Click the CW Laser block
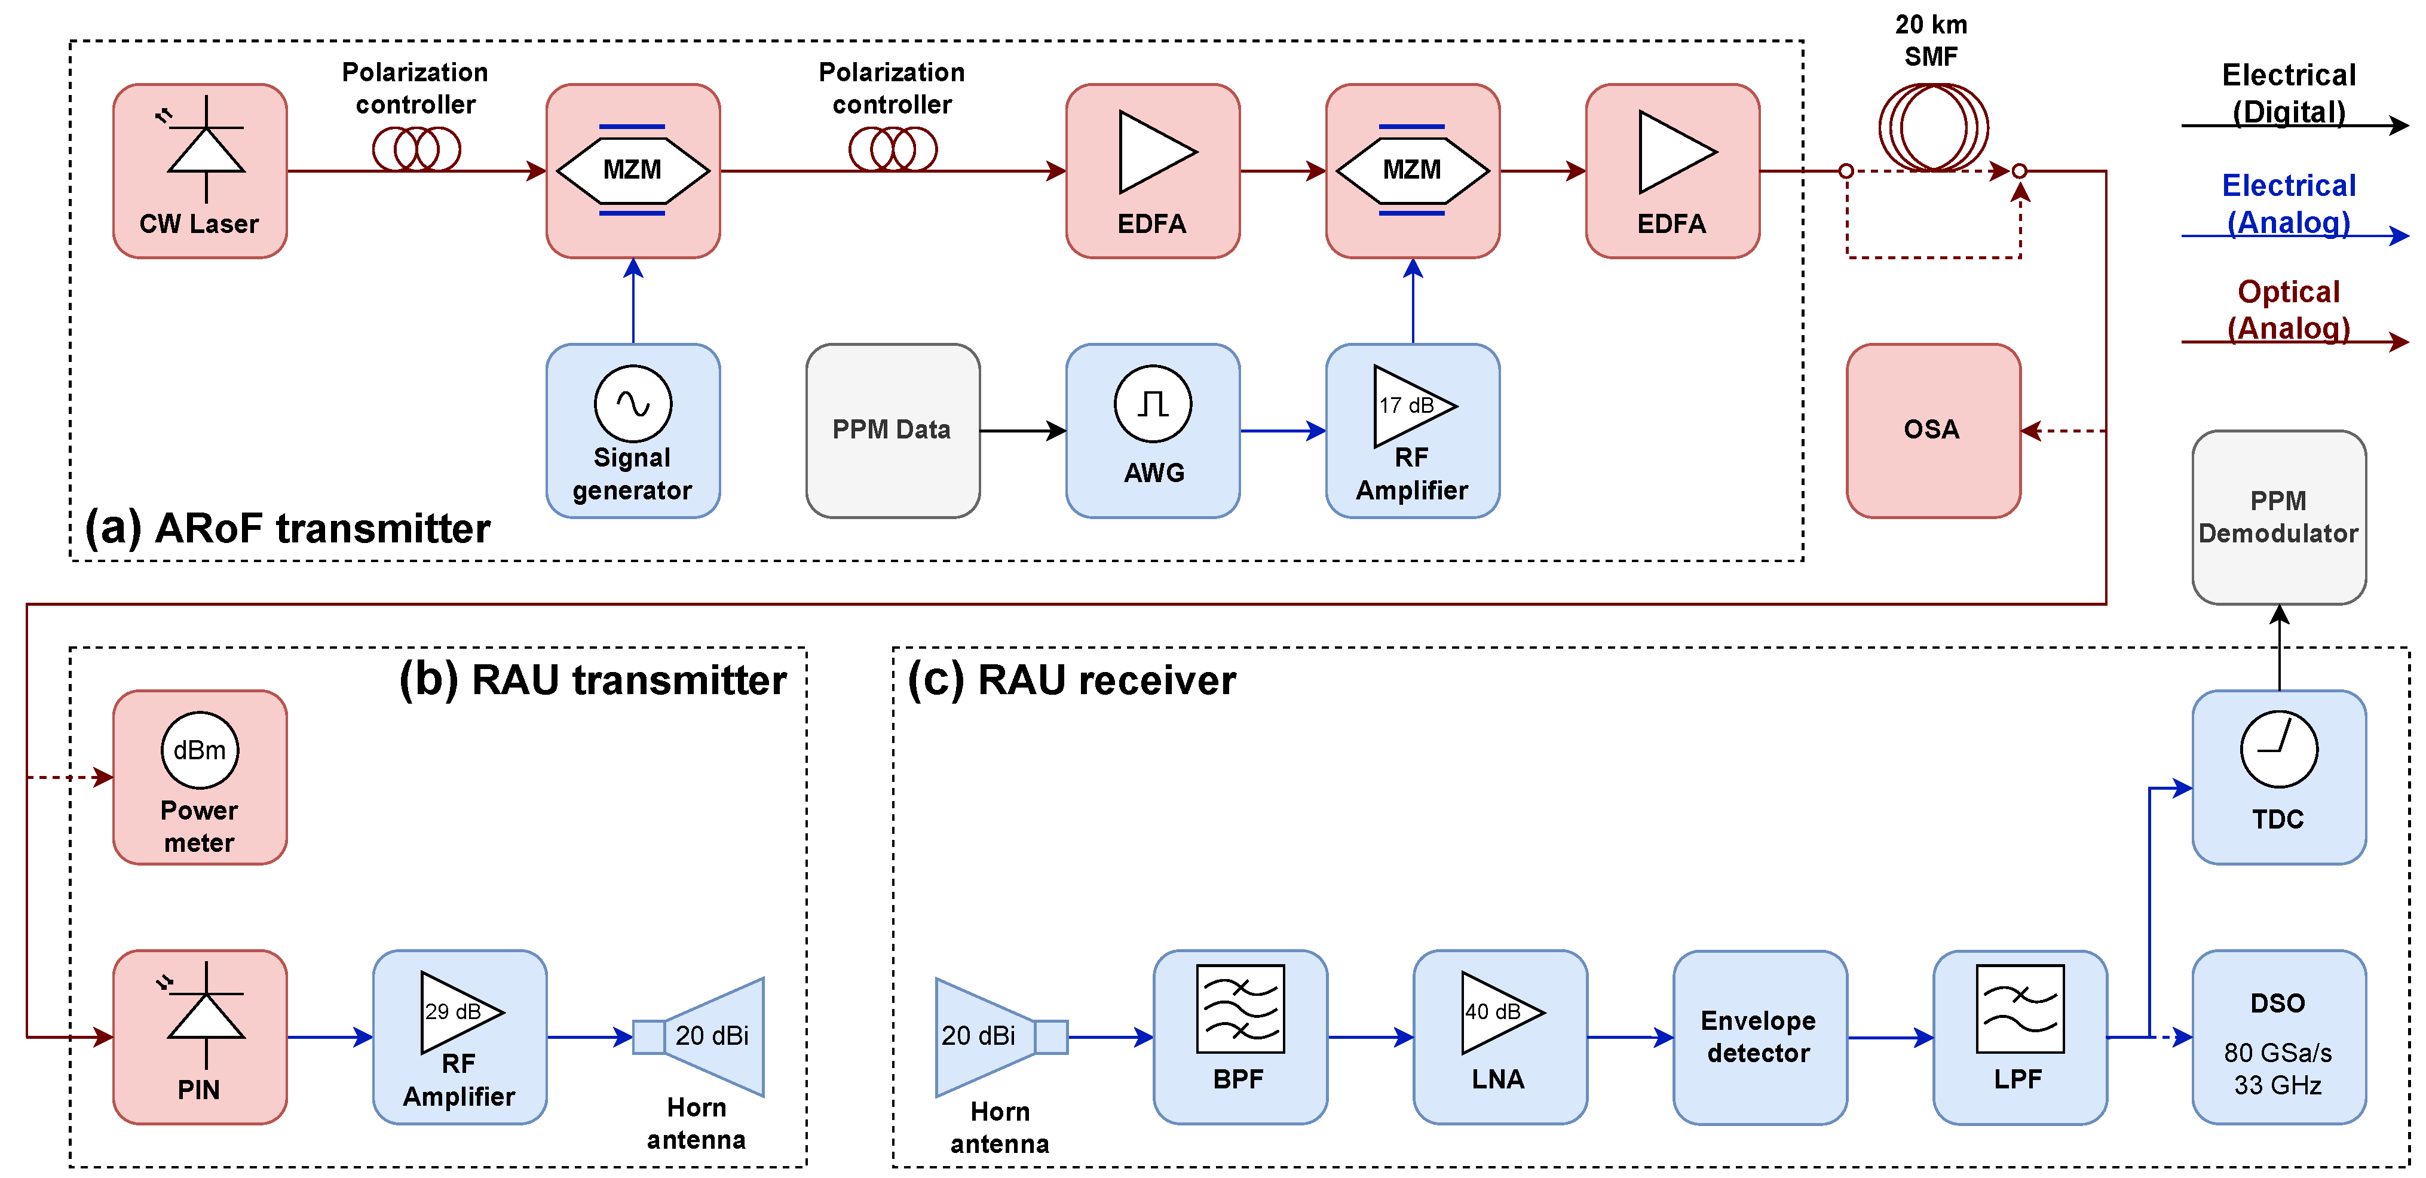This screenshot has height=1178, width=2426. pyautogui.click(x=200, y=170)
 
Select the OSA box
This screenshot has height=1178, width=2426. pyautogui.click(x=1932, y=430)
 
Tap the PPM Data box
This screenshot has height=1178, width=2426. pyautogui.click(x=892, y=430)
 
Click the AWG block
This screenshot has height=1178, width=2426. pyautogui.click(x=1153, y=430)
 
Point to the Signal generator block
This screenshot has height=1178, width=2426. pyautogui.click(x=633, y=430)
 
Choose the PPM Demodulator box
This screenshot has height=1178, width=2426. pyautogui.click(x=2278, y=517)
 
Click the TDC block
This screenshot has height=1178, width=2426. pyautogui.click(x=2278, y=777)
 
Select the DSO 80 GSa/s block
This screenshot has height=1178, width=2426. pyautogui.click(x=2278, y=1037)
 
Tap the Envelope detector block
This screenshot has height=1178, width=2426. pyautogui.click(x=1759, y=1037)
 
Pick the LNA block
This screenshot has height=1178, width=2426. pyautogui.click(x=1499, y=1037)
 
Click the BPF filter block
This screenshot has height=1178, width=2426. pyautogui.click(x=1239, y=1037)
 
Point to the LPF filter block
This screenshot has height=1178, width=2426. pyautogui.click(x=2019, y=1037)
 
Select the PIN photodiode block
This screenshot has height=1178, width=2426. pyautogui.click(x=200, y=1037)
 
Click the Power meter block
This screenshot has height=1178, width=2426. pyautogui.click(x=200, y=777)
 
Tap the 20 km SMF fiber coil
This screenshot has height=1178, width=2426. pyautogui.click(x=1932, y=128)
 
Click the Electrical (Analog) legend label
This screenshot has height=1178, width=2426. pyautogui.click(x=2289, y=203)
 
